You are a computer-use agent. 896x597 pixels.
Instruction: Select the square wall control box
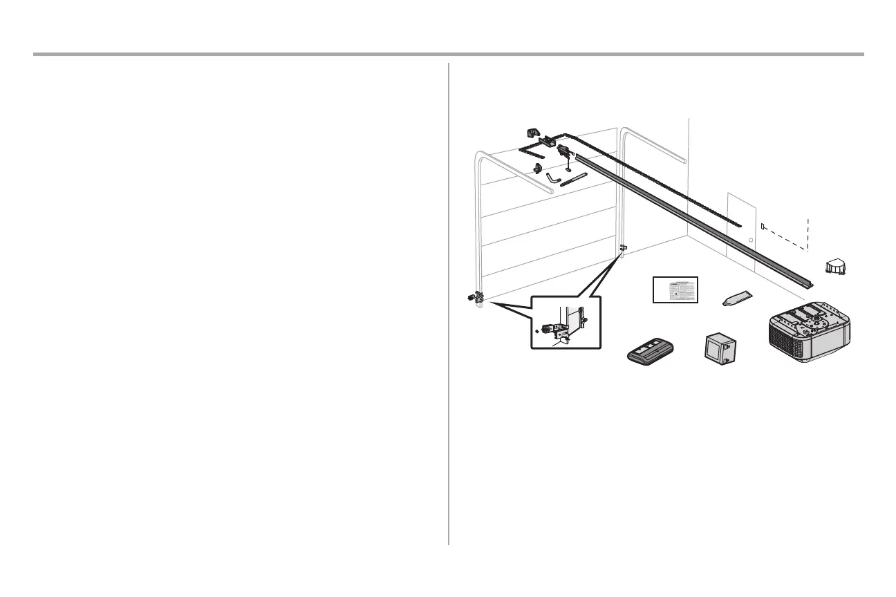[x=719, y=347]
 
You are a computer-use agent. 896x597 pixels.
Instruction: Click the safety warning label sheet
[x=675, y=290]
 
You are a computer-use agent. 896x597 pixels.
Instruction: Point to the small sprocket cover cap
[x=835, y=267]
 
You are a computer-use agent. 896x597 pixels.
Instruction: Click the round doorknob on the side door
[x=750, y=240]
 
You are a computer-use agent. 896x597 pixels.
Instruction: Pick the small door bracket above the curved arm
[x=537, y=167]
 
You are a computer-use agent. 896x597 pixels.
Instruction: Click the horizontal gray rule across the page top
[x=448, y=54]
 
